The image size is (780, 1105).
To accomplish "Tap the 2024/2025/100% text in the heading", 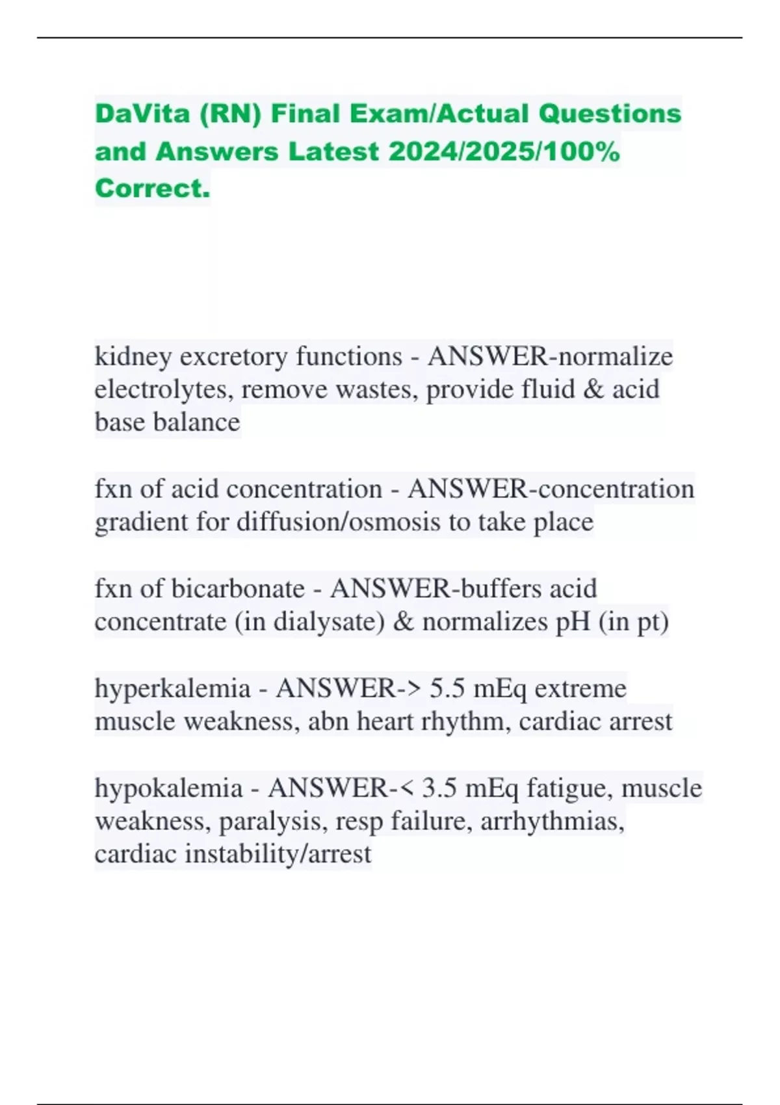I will pos(504,151).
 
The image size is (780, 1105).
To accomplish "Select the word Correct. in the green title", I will pos(152,188).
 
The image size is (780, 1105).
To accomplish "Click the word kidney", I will pos(133,356).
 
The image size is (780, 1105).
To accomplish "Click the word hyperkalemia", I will pos(172,688).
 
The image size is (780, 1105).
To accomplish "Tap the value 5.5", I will pos(447,688).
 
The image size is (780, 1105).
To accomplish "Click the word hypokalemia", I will pos(168,788).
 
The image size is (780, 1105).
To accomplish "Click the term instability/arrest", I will pos(278,854).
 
